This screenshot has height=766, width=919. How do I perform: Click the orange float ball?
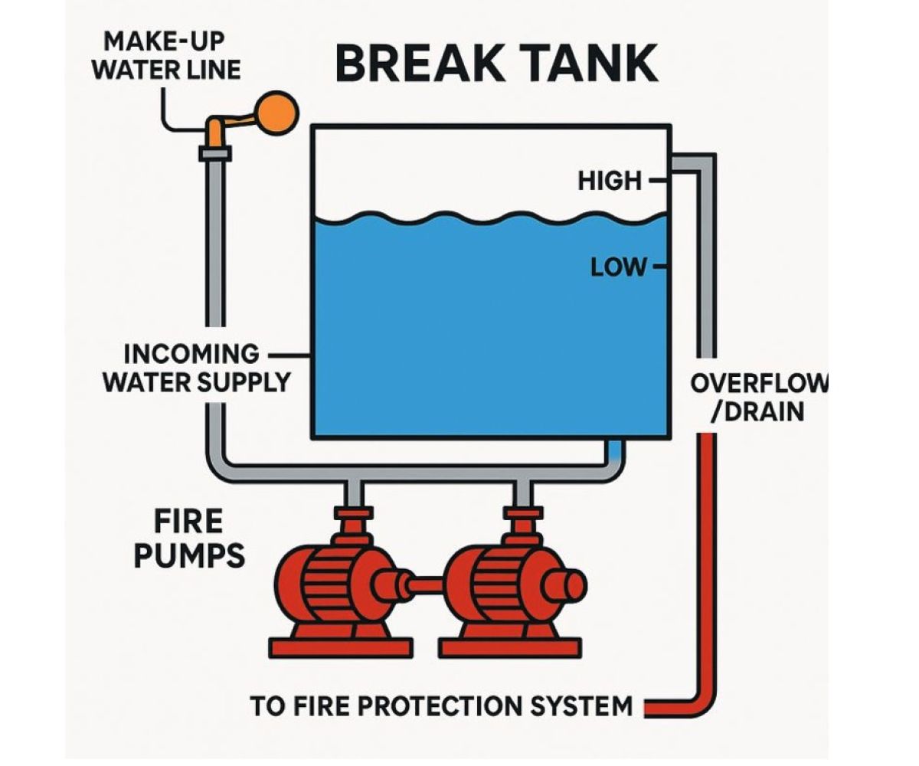pos(276,113)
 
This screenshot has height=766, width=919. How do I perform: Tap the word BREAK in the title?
pos(418,64)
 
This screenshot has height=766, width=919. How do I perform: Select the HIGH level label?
pos(610,181)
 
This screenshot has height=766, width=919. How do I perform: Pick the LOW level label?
pos(619,267)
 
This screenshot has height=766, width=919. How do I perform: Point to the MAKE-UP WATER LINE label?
pos(166,56)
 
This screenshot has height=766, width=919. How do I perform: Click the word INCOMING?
pos(192,355)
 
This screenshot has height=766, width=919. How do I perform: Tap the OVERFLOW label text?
pos(760,384)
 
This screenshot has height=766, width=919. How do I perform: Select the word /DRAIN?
pos(757,412)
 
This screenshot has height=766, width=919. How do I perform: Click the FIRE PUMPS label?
pos(189,538)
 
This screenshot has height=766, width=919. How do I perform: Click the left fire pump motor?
pos(332,584)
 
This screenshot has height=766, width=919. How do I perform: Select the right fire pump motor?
pos(502,584)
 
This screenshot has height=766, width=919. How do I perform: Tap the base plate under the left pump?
pos(341,648)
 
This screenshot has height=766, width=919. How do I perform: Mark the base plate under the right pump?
pos(510,648)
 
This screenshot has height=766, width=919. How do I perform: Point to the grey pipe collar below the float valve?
pos(214,154)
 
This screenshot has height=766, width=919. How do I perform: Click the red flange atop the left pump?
pos(354,513)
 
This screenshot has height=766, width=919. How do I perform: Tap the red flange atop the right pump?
pos(523,513)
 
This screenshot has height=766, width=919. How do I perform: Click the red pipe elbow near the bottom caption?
pos(700,700)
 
